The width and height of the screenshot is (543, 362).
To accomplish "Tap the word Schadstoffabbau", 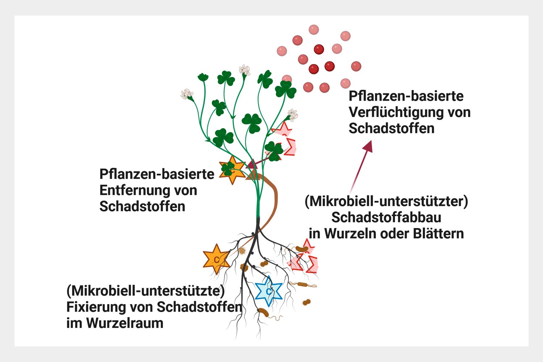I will (386, 218).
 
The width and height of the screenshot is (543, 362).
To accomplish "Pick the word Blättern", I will (439, 233).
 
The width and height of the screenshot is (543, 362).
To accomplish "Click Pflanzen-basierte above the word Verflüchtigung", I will (406, 96).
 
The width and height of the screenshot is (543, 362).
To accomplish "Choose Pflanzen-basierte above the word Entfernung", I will (157, 174).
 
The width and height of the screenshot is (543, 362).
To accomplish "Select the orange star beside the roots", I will (216, 258).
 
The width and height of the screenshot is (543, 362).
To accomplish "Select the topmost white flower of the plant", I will (245, 70).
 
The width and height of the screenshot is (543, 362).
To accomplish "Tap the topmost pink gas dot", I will (313, 30).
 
